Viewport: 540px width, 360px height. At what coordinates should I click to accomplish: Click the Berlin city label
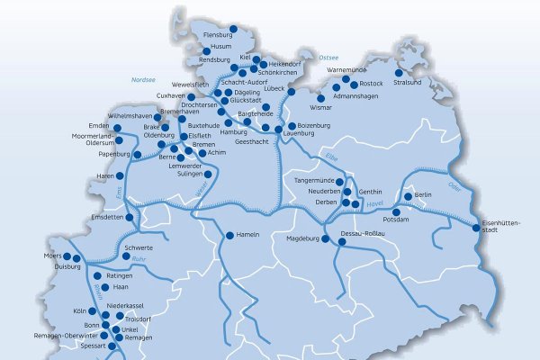click(424, 194)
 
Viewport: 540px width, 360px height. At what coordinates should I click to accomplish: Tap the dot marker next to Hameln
click(229, 235)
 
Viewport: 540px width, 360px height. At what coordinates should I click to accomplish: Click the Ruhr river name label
click(137, 260)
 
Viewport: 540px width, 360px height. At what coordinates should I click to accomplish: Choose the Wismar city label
click(321, 106)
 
